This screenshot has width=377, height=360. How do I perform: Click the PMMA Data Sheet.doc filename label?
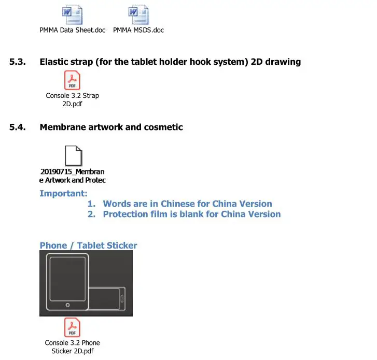click(x=73, y=30)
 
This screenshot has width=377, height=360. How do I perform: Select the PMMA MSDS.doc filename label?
click(x=138, y=30)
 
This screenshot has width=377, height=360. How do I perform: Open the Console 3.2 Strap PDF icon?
click(x=72, y=80)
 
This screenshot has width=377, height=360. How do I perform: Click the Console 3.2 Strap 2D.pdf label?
click(x=72, y=99)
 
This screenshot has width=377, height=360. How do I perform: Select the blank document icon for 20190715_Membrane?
click(x=73, y=155)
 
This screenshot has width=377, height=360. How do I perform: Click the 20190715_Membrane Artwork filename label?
click(x=73, y=176)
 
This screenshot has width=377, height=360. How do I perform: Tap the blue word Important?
click(x=64, y=194)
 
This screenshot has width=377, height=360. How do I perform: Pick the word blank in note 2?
click(x=192, y=214)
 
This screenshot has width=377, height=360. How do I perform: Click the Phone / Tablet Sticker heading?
click(x=88, y=246)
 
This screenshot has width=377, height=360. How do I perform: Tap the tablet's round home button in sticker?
click(x=67, y=306)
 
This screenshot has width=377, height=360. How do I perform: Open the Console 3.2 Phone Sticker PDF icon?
click(x=72, y=327)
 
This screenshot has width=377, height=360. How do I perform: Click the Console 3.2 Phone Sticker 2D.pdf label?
click(x=72, y=347)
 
